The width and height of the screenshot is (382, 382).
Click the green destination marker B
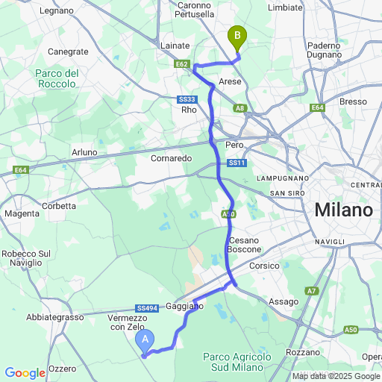click(237, 35)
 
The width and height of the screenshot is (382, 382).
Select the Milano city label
click(343, 210)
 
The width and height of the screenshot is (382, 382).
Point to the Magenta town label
click(22, 213)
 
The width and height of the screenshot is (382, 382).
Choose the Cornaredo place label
click(171, 158)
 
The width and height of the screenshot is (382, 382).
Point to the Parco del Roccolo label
click(56, 78)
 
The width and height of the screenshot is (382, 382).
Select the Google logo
click(25, 373)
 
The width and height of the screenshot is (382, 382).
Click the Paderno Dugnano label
click(324, 51)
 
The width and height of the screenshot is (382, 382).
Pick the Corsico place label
click(264, 266)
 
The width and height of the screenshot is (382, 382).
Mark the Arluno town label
click(84, 152)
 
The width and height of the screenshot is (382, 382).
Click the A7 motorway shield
click(311, 290)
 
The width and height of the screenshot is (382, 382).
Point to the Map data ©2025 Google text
click(336, 376)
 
